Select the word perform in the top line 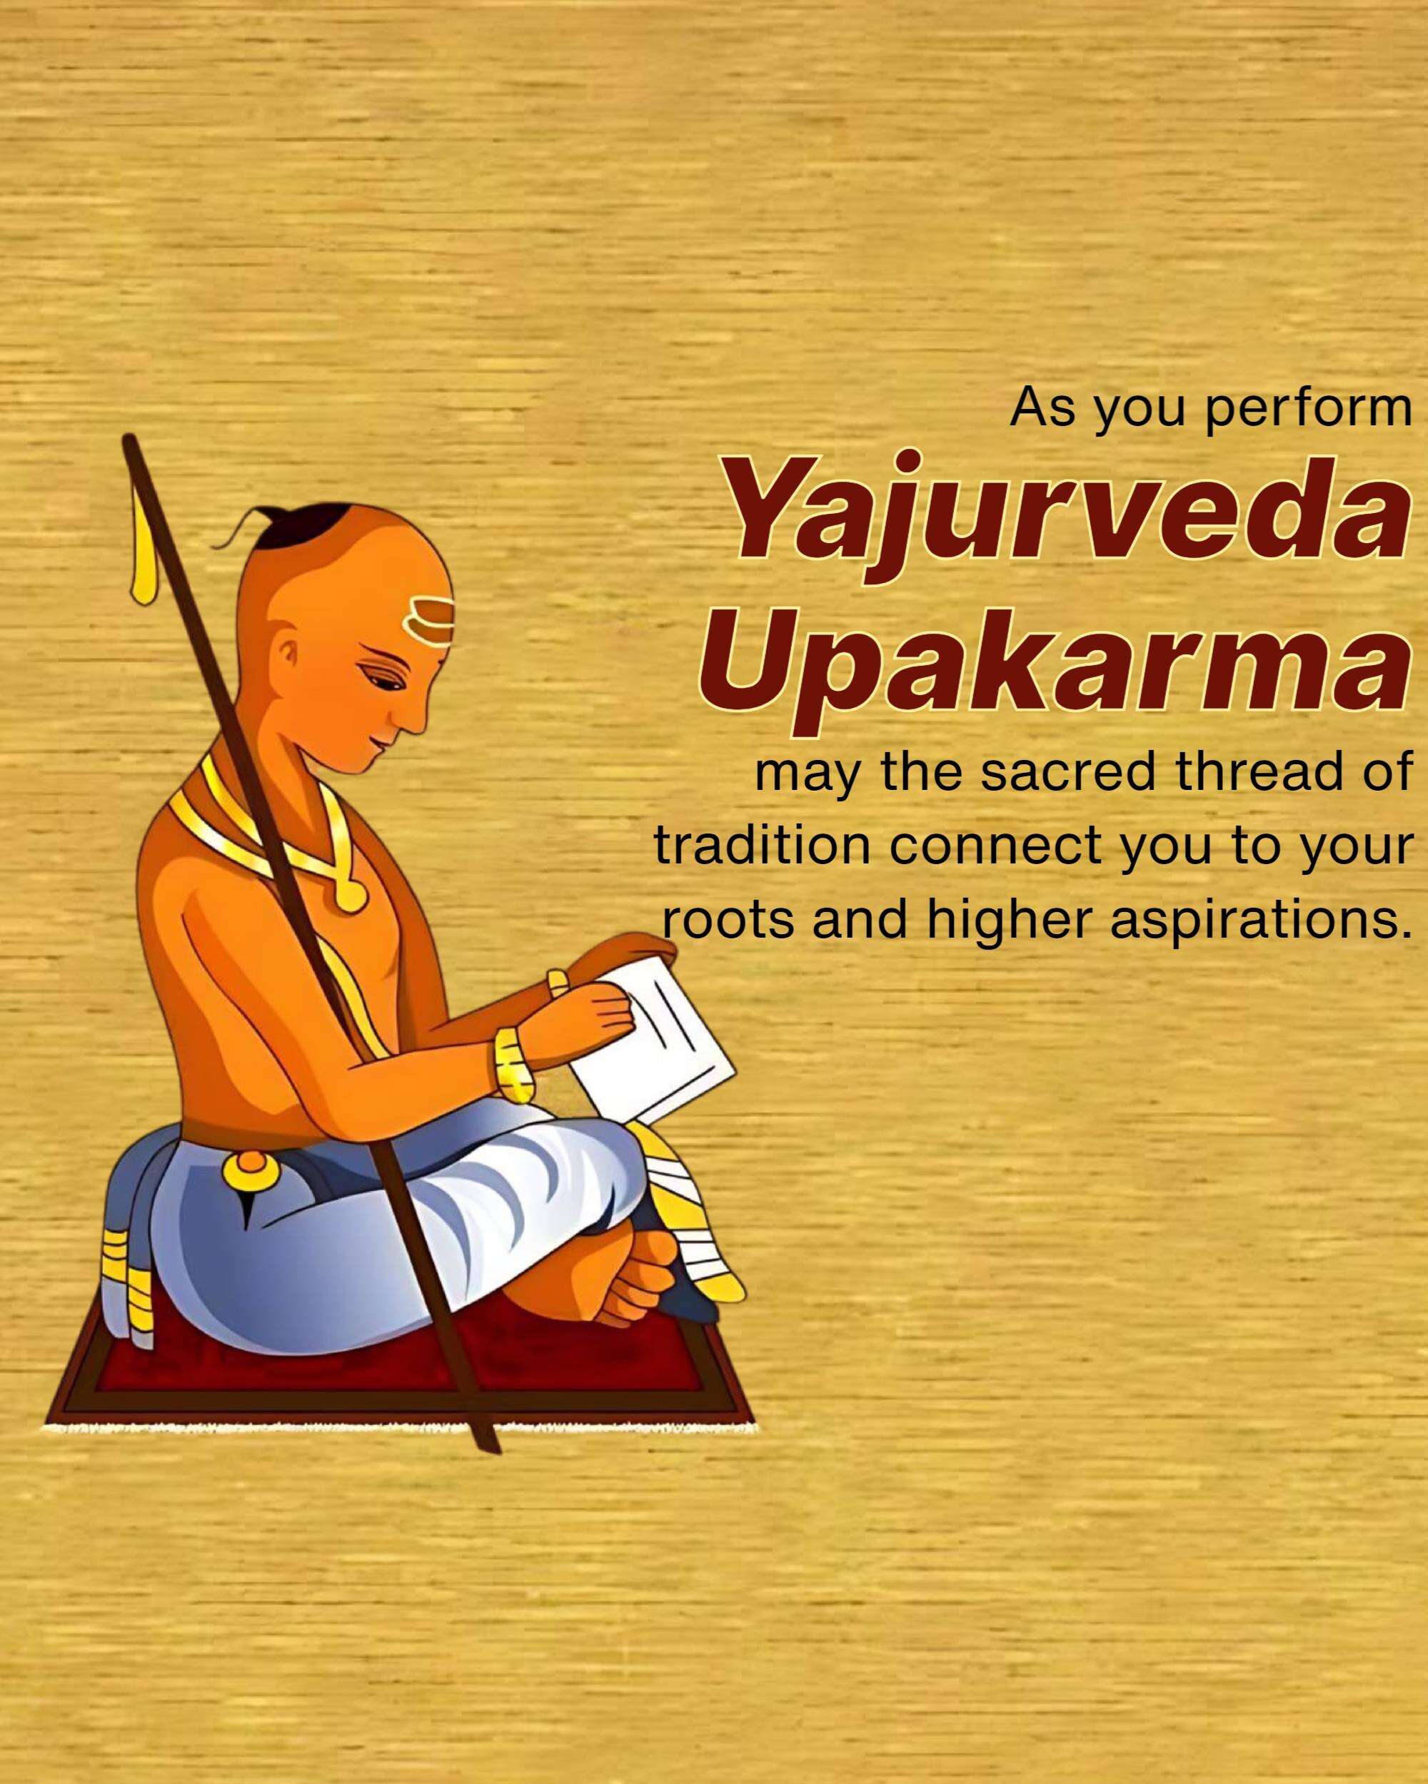pyautogui.click(x=1309, y=410)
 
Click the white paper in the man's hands pyautogui.click(x=654, y=1038)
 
